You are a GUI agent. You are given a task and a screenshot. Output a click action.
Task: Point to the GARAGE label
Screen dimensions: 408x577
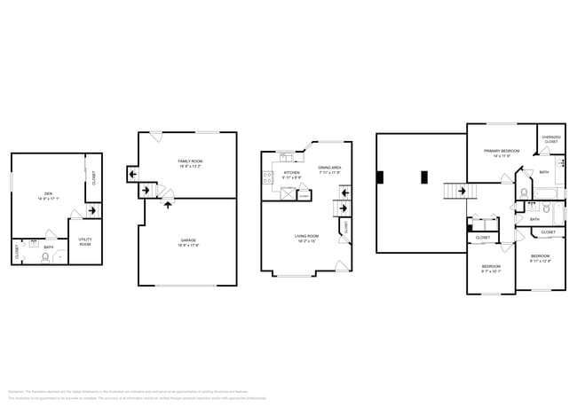pos(187,243)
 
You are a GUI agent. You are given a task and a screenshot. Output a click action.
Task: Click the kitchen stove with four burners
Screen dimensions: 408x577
pos(266,177)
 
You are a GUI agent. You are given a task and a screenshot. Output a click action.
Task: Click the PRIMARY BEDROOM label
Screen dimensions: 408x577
pos(502,153)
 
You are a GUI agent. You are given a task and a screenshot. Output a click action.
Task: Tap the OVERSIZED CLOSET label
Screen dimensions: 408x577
pos(551,139)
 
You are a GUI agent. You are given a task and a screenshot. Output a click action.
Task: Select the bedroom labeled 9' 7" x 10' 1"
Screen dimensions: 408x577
pos(491,269)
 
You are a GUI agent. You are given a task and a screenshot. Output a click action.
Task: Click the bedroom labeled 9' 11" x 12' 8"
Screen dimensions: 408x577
pos(541,259)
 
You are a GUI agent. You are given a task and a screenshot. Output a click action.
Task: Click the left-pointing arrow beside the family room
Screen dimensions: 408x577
pos(132,175)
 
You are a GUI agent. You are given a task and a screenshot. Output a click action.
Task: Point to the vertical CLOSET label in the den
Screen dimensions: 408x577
pos(94,177)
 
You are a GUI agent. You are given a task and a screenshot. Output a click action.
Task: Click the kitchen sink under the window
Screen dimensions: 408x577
pos(286,158)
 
